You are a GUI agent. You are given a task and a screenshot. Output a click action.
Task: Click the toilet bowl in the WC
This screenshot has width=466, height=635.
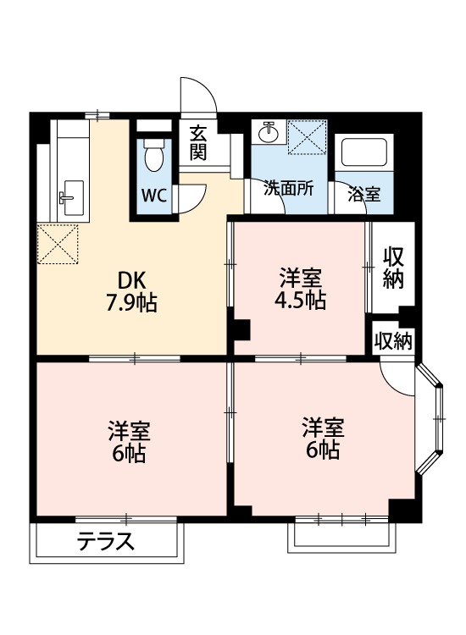tap(154, 159)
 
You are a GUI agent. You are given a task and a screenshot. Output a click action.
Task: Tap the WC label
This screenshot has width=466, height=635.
tap(154, 196)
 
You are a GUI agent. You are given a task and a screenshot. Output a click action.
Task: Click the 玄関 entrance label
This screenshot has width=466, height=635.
tap(198, 142)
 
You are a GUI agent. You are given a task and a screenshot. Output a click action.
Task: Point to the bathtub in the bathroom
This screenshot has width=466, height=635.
tap(363, 152)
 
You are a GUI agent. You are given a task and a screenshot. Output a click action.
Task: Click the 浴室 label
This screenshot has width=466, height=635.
tap(363, 195)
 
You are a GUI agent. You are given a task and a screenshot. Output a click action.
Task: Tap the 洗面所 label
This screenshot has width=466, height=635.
tap(288, 188)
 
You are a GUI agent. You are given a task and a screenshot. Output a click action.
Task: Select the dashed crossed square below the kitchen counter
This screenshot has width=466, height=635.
tap(57, 244)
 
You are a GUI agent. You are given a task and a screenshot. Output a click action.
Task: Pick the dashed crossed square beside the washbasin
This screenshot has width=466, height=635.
tap(307, 137)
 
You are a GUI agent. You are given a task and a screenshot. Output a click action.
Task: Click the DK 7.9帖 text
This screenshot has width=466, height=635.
tap(131, 290)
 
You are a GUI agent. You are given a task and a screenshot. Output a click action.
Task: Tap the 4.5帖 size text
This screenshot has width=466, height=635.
tap(300, 301)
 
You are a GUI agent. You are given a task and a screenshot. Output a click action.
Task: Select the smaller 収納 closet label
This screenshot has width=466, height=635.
tap(392, 341)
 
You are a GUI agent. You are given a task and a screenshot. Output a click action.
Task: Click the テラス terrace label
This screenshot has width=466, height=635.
tap(106, 542)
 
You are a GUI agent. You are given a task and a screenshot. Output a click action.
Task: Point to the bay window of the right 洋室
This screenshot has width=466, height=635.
tap(431, 418)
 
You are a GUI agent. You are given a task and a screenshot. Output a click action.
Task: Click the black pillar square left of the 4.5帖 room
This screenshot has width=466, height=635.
tap(242, 329)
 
